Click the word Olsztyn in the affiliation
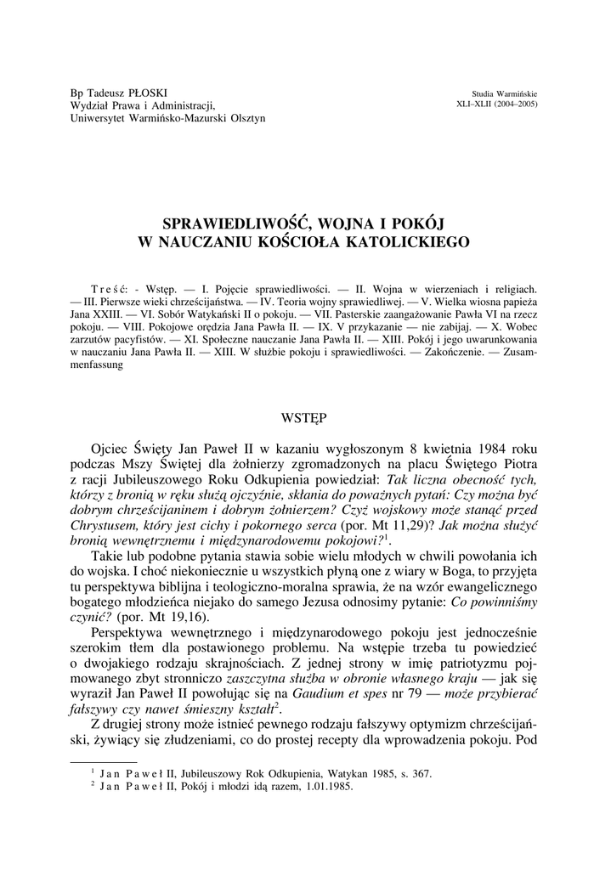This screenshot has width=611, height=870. [x=246, y=118]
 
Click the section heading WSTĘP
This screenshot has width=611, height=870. [x=303, y=417]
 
